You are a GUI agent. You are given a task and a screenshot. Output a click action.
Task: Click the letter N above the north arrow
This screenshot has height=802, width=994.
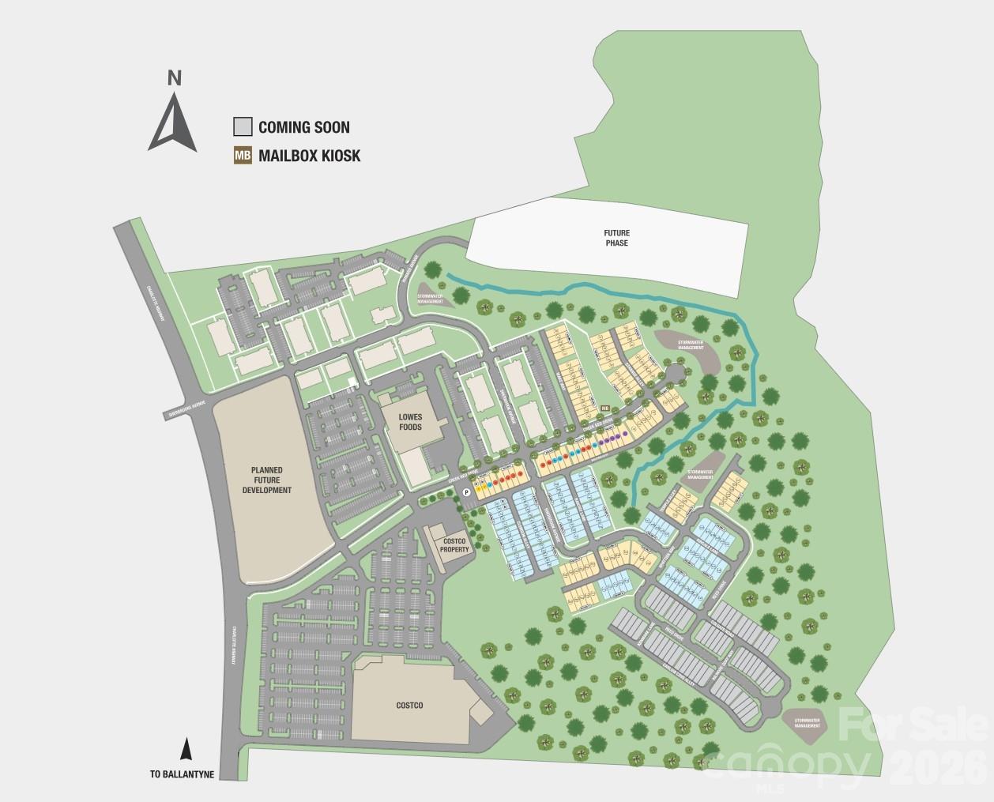pos(175,77)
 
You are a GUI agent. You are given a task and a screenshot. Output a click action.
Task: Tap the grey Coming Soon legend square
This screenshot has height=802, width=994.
pos(243,126)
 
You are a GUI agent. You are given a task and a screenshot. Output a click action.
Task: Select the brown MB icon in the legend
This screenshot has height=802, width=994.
pos(243,156)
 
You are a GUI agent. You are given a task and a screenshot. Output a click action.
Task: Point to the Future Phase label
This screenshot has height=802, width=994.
pos(616,238)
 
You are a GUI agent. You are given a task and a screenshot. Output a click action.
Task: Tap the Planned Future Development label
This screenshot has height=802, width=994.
pos(267,480)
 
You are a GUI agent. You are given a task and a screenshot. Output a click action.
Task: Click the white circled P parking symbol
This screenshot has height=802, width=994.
pos(466,492)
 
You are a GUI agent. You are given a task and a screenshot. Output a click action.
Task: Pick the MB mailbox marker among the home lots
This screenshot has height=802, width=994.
pos(605,409)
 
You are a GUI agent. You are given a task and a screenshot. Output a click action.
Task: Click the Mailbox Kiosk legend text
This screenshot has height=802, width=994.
pos(309,156)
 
